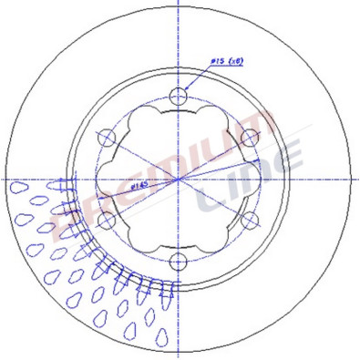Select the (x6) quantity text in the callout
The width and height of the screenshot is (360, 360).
coord(235,61)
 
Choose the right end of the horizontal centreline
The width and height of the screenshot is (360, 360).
coord(356,178)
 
